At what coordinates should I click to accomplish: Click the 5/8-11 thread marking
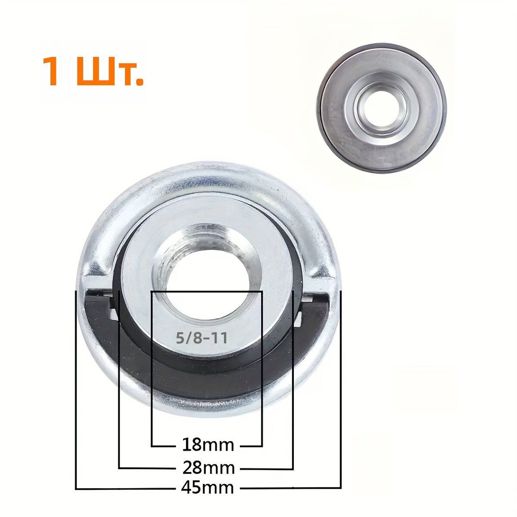click(x=202, y=338)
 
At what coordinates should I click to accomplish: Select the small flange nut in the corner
click(x=381, y=108)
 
